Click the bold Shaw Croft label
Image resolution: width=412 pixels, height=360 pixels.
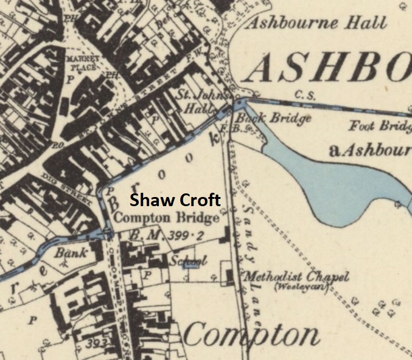pos(175,201)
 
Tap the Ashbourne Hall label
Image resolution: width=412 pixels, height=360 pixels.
pos(316,24)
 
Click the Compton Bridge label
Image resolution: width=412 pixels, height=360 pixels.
pos(166,218)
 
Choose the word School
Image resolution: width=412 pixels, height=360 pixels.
pos(188,261)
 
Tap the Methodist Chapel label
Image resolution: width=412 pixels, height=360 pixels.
pos(296,277)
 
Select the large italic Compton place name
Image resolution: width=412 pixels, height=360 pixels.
pos(251,335)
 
